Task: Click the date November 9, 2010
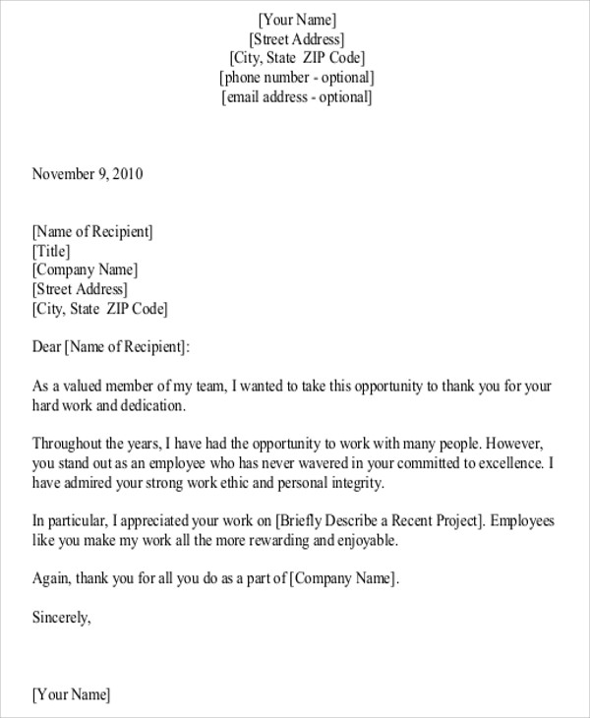point(88,175)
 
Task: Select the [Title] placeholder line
point(51,251)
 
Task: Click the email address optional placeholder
point(297,97)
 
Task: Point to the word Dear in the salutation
point(46,346)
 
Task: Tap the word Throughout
point(70,443)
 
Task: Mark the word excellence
point(502,462)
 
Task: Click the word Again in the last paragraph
point(51,578)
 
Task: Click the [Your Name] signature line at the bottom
point(71,695)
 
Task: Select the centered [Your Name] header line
point(297,20)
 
